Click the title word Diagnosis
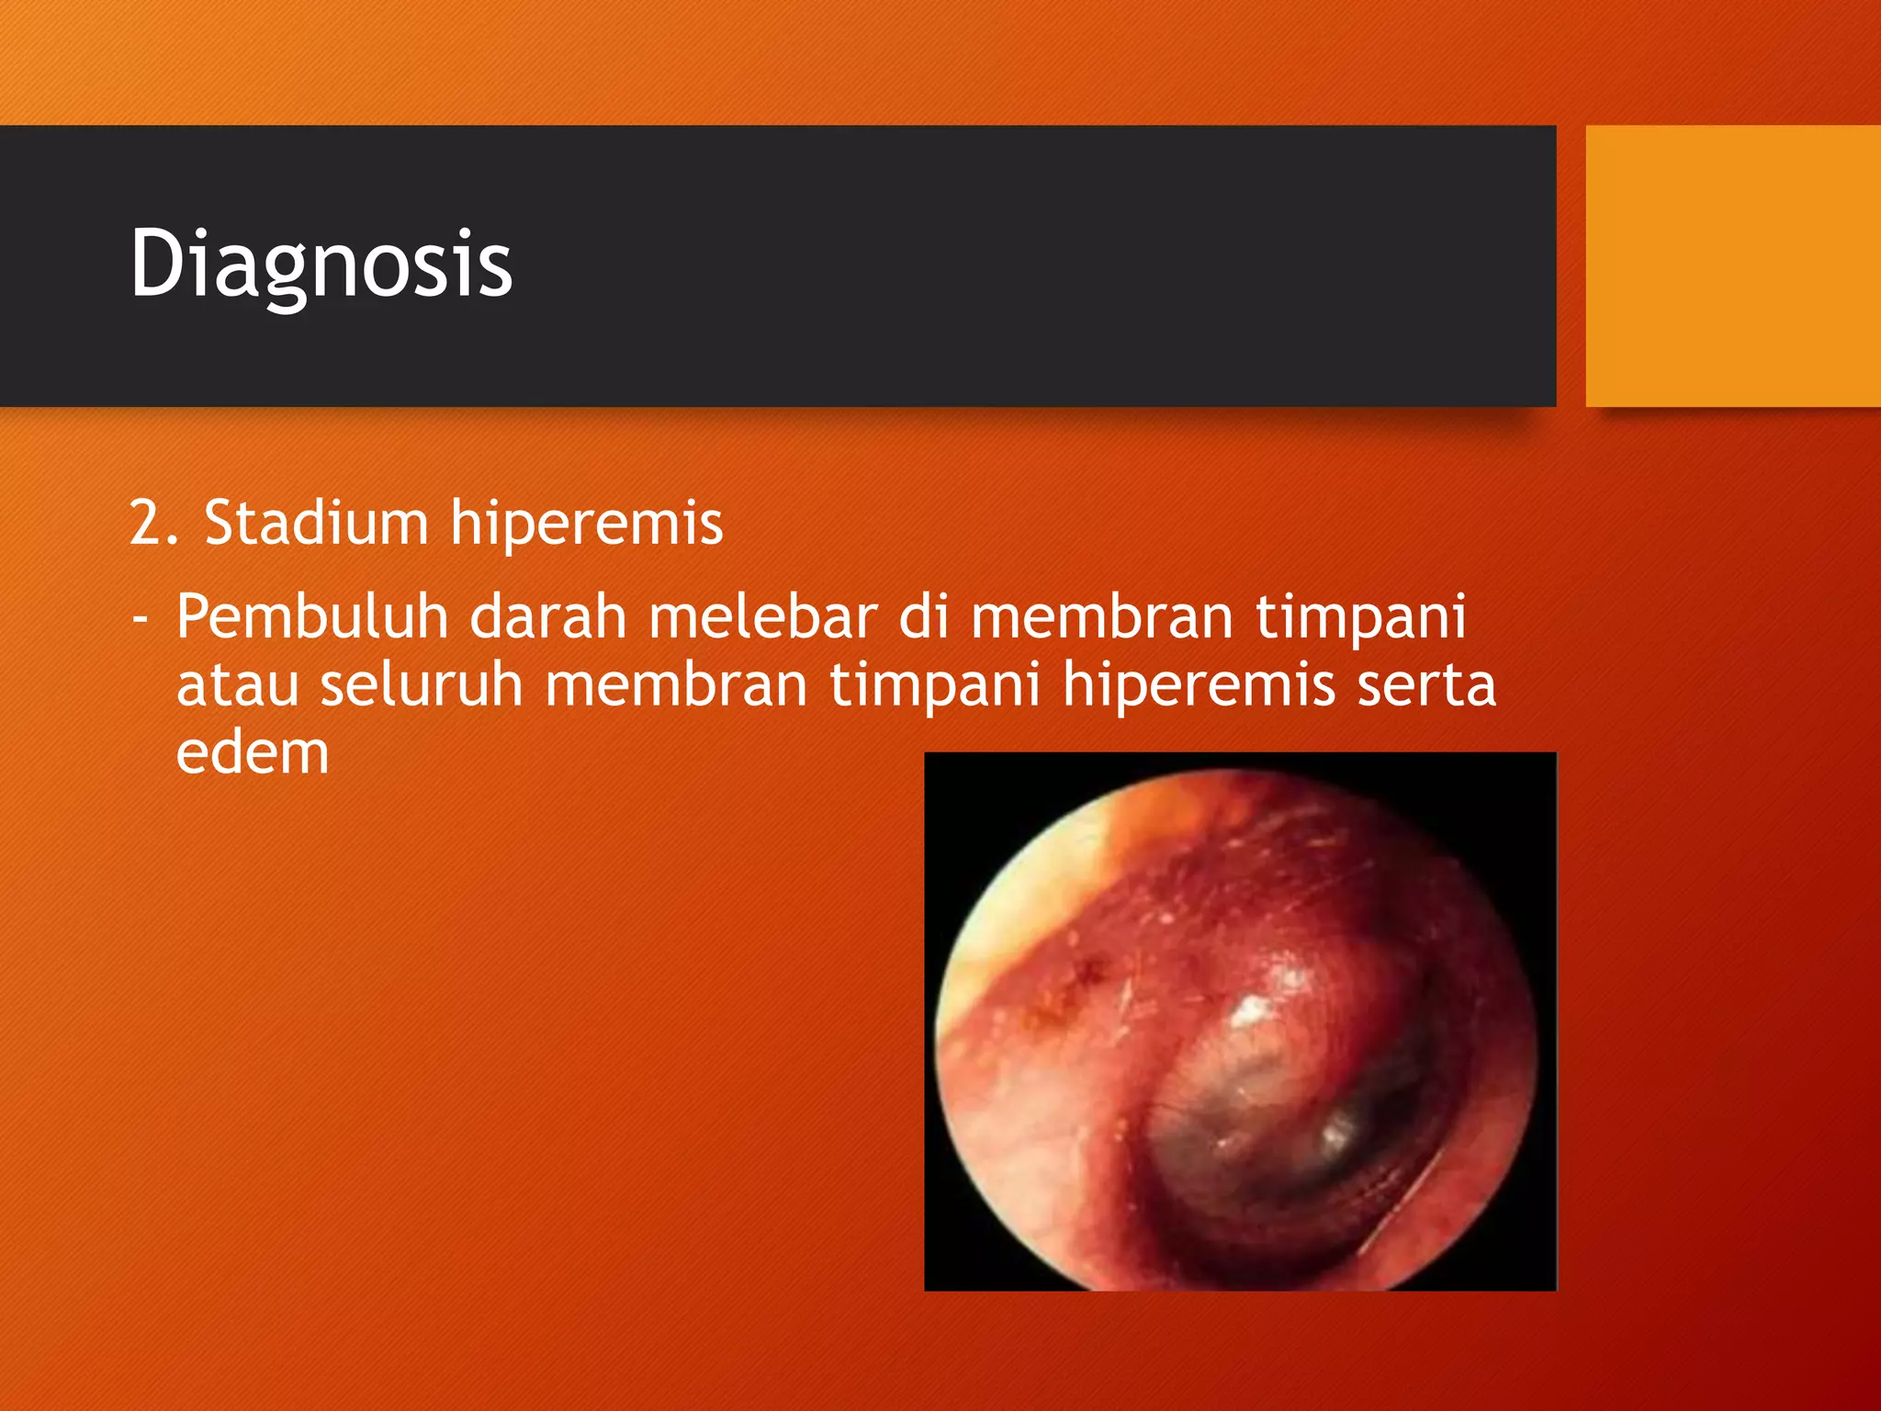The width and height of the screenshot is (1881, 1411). tap(321, 265)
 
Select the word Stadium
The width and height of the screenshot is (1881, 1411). tap(317, 524)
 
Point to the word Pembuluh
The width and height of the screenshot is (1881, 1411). tap(311, 617)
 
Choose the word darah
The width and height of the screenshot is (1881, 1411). tap(547, 617)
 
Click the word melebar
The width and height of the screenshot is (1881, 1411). tap(762, 617)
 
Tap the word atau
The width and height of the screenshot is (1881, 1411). tap(237, 686)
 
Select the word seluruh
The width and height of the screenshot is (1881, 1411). tap(421, 686)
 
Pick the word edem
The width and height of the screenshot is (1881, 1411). tap(252, 754)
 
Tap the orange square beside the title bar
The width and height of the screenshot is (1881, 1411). tap(1732, 266)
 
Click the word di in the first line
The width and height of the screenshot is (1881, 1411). tap(922, 617)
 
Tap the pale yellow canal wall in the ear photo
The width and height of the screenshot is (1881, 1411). tap(1001, 909)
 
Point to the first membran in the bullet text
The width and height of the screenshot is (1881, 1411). tap(1101, 617)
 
